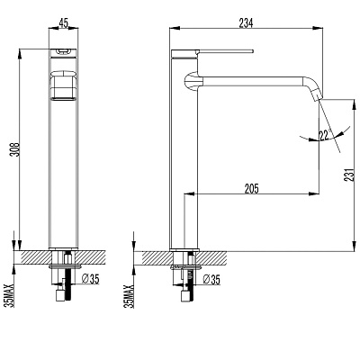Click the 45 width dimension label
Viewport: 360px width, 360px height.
(x=64, y=22)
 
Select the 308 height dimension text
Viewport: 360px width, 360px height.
(x=15, y=148)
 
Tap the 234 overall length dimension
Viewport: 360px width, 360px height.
(x=246, y=22)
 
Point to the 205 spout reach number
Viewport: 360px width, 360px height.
(x=251, y=189)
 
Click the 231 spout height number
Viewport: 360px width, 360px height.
(x=355, y=175)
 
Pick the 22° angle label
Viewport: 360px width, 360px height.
(x=324, y=135)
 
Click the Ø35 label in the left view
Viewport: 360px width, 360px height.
(x=90, y=279)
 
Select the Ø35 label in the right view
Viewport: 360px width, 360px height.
(x=211, y=279)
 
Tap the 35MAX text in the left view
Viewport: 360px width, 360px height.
(x=11, y=296)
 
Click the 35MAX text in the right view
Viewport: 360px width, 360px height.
(x=130, y=296)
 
